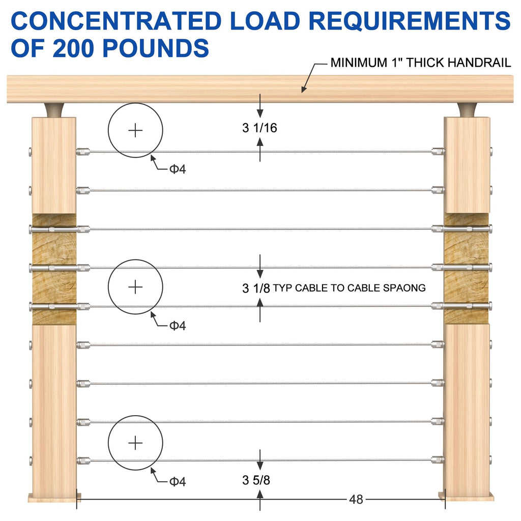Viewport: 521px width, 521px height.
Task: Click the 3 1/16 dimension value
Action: (x=259, y=128)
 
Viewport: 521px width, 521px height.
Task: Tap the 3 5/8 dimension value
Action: (x=256, y=480)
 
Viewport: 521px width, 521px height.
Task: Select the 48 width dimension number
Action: (x=356, y=500)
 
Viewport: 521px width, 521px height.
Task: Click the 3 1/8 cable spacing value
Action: (x=256, y=288)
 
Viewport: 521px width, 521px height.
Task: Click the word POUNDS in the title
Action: (x=156, y=48)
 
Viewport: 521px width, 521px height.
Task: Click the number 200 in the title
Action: (x=74, y=48)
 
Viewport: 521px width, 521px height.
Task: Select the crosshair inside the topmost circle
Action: (x=135, y=130)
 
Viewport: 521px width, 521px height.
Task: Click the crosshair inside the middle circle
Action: (x=135, y=287)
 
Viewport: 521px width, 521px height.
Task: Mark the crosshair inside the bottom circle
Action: (x=135, y=443)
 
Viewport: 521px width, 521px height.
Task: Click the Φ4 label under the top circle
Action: (x=178, y=169)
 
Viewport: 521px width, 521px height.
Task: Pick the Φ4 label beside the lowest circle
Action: (x=178, y=481)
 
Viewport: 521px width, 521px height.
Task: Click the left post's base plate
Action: (x=54, y=498)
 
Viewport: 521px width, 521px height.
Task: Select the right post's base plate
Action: (x=466, y=497)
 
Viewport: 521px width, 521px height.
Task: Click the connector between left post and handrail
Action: (x=54, y=110)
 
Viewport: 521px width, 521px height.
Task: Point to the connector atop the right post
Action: (x=468, y=110)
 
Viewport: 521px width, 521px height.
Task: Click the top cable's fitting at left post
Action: (x=83, y=152)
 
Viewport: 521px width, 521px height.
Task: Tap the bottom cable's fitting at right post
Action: (x=438, y=460)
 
